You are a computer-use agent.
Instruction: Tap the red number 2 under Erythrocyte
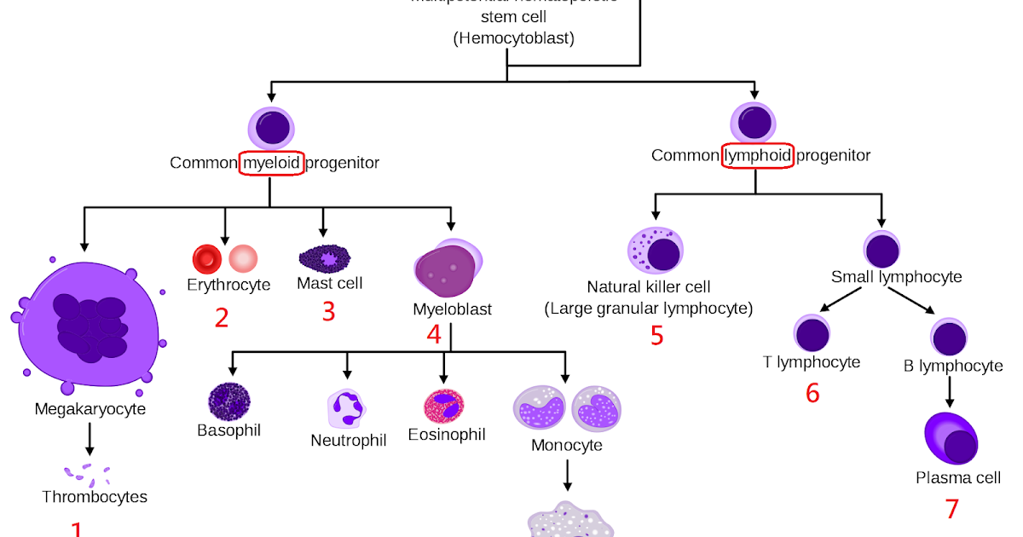pyautogui.click(x=222, y=318)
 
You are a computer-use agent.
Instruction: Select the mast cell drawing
pyautogui.click(x=324, y=257)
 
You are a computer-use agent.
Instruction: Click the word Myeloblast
pyautogui.click(x=452, y=309)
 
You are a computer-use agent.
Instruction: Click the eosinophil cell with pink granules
pyautogui.click(x=443, y=407)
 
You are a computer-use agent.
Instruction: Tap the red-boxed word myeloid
pyautogui.click(x=272, y=162)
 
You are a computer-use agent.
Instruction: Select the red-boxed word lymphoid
pyautogui.click(x=758, y=155)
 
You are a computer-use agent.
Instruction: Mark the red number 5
pyautogui.click(x=656, y=336)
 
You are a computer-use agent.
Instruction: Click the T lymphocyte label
pyautogui.click(x=812, y=362)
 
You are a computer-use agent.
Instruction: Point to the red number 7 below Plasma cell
pyautogui.click(x=952, y=509)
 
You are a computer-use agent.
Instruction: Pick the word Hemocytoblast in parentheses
pyautogui.click(x=514, y=38)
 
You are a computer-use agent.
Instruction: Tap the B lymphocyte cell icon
pyautogui.click(x=950, y=337)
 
